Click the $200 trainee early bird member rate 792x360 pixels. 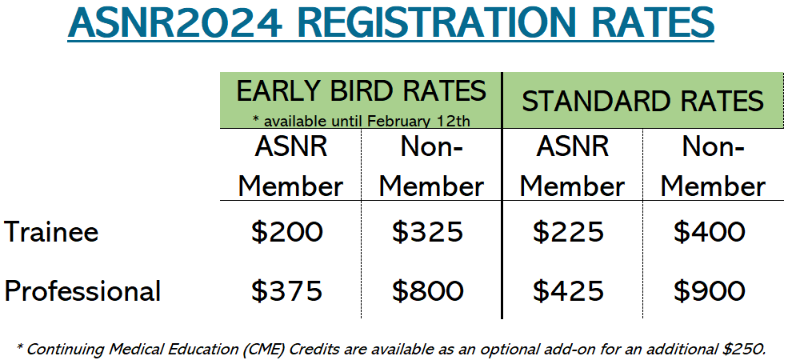tap(286, 232)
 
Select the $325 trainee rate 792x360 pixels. tap(427, 232)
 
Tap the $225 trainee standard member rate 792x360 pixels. tap(568, 232)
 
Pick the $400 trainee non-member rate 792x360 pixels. tap(709, 232)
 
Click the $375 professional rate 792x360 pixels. tap(286, 291)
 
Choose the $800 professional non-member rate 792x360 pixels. tap(427, 291)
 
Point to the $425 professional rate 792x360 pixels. tap(568, 291)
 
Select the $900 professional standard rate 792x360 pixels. tap(709, 291)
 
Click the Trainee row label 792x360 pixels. tap(51, 232)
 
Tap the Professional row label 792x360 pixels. tap(82, 291)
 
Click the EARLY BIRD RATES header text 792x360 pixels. tap(361, 91)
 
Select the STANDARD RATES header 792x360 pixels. tap(642, 101)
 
